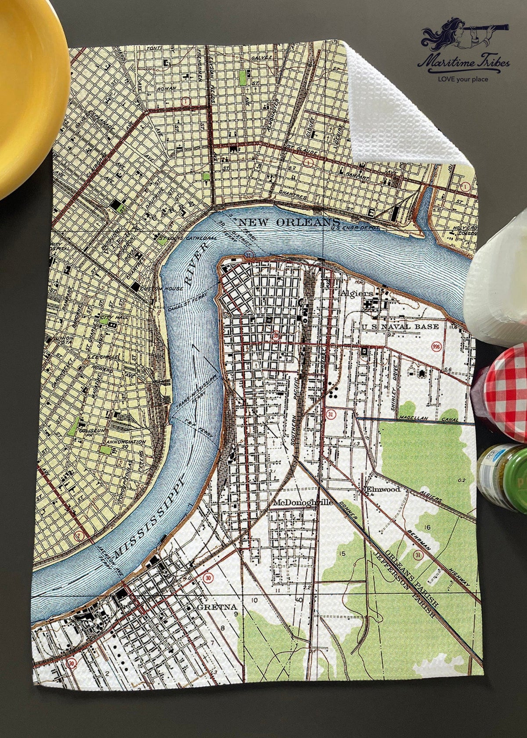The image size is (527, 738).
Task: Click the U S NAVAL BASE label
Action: point(400,326)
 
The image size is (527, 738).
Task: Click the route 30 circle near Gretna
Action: point(206,578)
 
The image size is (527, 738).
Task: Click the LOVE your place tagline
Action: point(463,80)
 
